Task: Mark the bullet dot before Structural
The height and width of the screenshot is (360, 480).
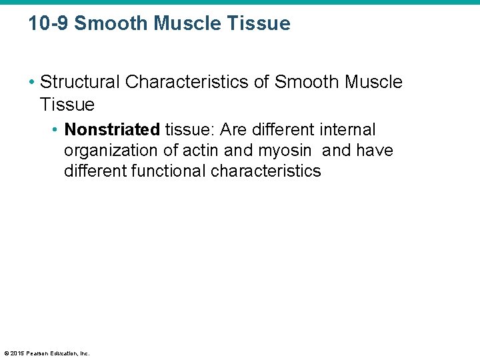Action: [32, 83]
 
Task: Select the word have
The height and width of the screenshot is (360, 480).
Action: [375, 151]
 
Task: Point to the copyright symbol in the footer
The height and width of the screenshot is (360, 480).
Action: [6, 353]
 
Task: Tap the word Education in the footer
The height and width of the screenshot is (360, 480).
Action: [62, 353]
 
